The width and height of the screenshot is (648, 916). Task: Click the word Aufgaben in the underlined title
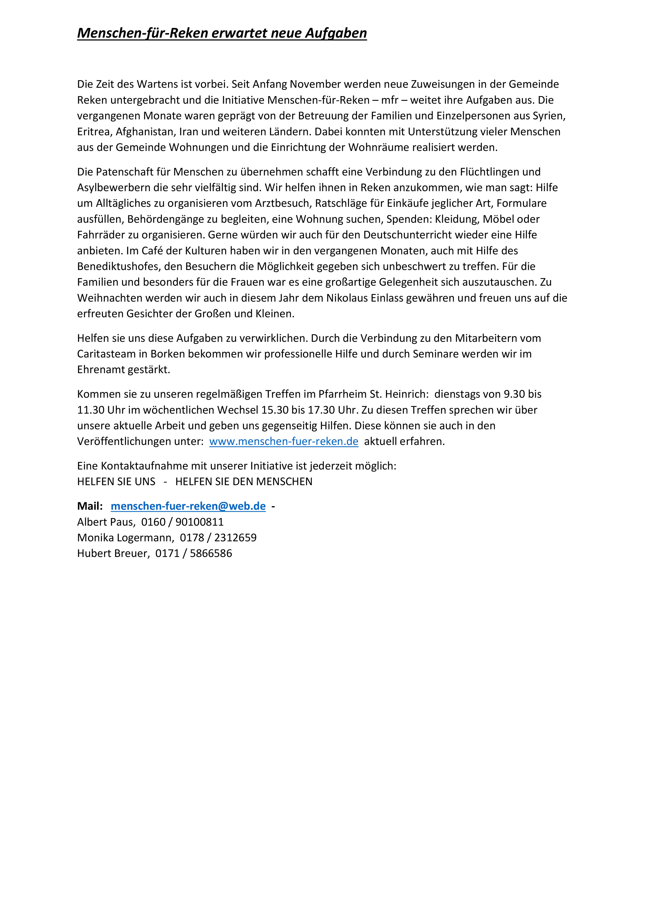[x=336, y=33]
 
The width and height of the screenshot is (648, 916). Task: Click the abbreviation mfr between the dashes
[x=390, y=100]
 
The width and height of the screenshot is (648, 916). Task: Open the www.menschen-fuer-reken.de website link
[x=284, y=442]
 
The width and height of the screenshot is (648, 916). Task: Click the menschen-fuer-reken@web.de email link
[x=188, y=506]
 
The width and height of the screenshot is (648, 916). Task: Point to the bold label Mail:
[x=90, y=506]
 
